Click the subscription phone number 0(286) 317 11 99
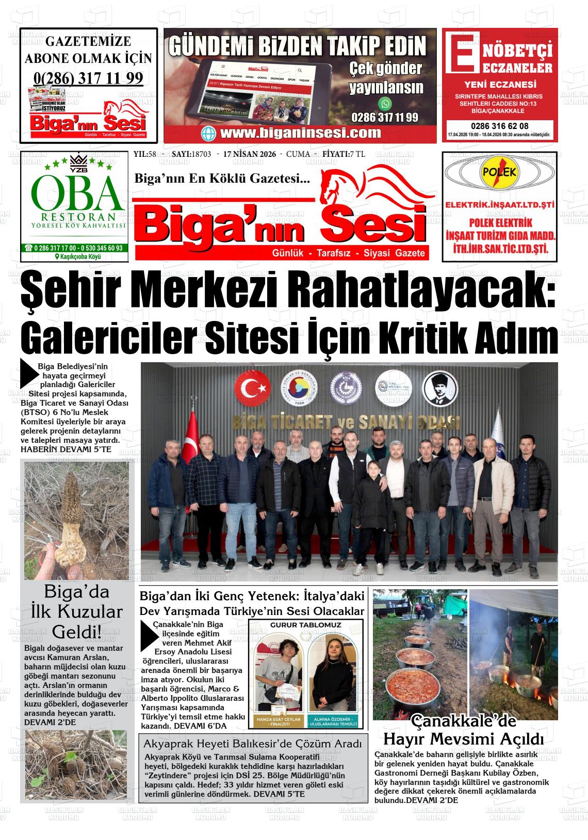[88, 78]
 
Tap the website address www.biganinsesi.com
[300, 133]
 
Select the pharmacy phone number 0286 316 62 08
[499, 126]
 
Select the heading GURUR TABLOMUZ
[306, 625]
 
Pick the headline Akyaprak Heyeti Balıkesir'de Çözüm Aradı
[253, 744]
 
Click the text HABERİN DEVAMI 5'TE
[66, 449]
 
